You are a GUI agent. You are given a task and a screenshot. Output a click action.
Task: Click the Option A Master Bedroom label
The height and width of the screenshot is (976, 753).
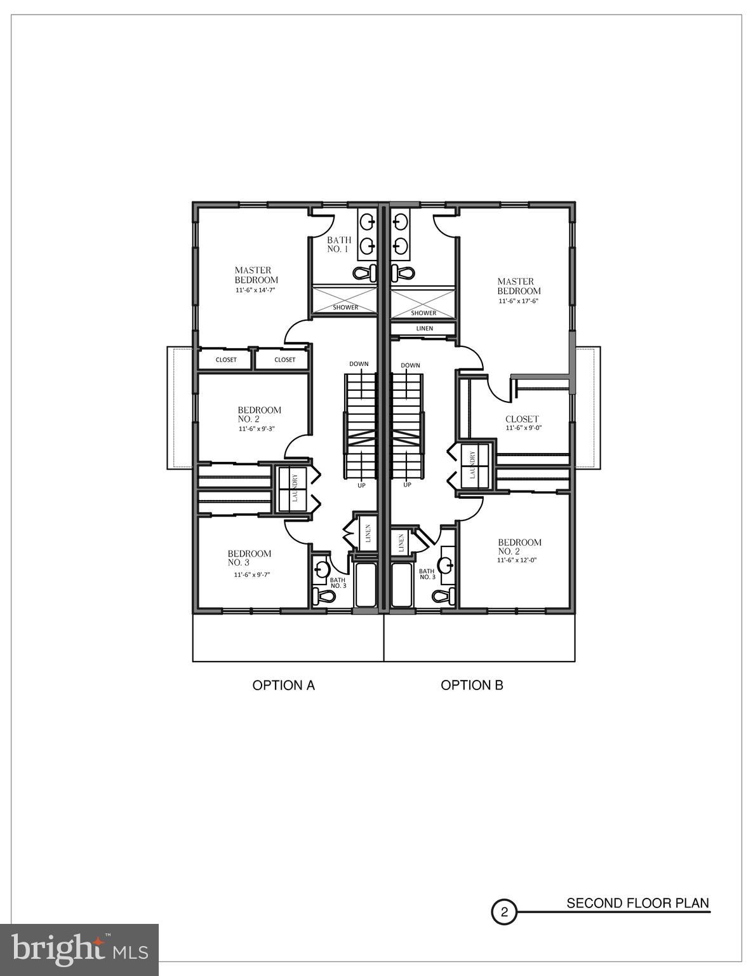point(256,275)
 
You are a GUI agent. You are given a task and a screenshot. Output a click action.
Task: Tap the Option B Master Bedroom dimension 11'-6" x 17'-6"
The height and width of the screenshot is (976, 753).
point(518,301)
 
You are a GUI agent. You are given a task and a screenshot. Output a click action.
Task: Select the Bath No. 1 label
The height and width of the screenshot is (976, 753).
point(338,245)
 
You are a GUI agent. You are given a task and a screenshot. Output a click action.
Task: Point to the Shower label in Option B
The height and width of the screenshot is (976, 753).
point(423,313)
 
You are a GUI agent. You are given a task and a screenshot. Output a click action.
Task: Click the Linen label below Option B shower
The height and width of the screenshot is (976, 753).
point(424,329)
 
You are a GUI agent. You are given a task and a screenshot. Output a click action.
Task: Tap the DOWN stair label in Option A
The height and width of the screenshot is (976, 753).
point(359,364)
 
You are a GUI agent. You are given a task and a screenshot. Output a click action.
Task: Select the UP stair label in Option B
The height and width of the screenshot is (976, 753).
point(407,485)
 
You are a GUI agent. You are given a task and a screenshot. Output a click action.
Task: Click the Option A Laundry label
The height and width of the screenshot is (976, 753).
point(294,488)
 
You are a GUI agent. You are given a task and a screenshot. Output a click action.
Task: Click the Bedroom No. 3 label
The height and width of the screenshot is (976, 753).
point(249,558)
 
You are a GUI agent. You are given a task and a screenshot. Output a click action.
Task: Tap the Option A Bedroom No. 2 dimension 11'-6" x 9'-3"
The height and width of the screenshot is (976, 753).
point(260,429)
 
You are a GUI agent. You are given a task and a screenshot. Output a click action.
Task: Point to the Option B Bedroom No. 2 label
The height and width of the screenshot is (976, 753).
point(519,546)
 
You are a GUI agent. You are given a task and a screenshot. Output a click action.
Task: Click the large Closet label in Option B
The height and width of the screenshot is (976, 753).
point(522,419)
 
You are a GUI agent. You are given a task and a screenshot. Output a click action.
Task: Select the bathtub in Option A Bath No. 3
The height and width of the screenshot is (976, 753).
point(365,585)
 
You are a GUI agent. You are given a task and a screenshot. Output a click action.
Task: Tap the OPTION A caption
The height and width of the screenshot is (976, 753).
point(284,685)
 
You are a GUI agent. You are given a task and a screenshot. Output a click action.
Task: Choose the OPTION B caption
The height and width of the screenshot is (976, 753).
point(472,685)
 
